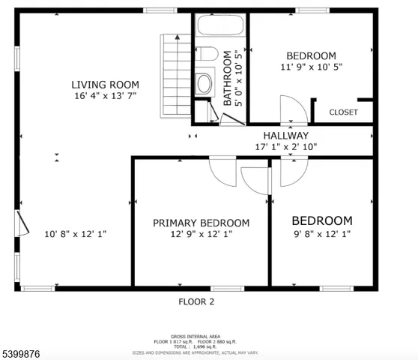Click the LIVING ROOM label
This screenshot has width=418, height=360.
point(105,84)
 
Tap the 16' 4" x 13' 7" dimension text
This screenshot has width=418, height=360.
point(105,97)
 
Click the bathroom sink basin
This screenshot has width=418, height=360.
point(205,82)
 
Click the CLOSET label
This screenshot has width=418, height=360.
point(343,112)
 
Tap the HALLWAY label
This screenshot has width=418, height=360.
point(281,136)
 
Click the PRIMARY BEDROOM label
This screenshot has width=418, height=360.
point(201,223)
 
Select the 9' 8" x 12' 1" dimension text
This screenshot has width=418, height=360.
point(321,234)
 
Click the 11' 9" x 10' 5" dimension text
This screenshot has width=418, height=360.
point(311,67)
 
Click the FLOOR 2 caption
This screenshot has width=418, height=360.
point(196,302)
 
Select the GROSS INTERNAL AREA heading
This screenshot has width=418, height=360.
point(196,337)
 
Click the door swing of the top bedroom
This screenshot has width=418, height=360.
point(292,109)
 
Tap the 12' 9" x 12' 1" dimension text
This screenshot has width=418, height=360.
point(201,234)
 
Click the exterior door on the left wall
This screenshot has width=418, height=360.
point(21,222)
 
